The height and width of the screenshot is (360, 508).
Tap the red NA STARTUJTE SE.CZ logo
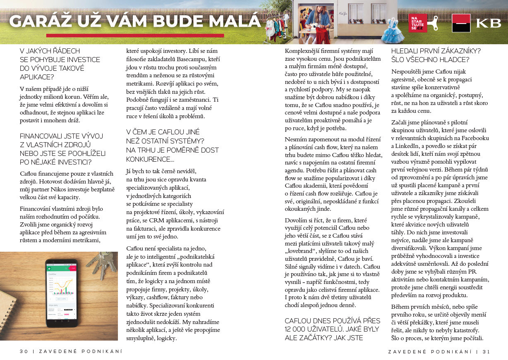point(417,23)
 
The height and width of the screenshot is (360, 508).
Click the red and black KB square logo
point(461,23)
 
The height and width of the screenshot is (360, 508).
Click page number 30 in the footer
point(24,351)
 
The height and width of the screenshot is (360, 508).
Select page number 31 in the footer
point(486,351)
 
